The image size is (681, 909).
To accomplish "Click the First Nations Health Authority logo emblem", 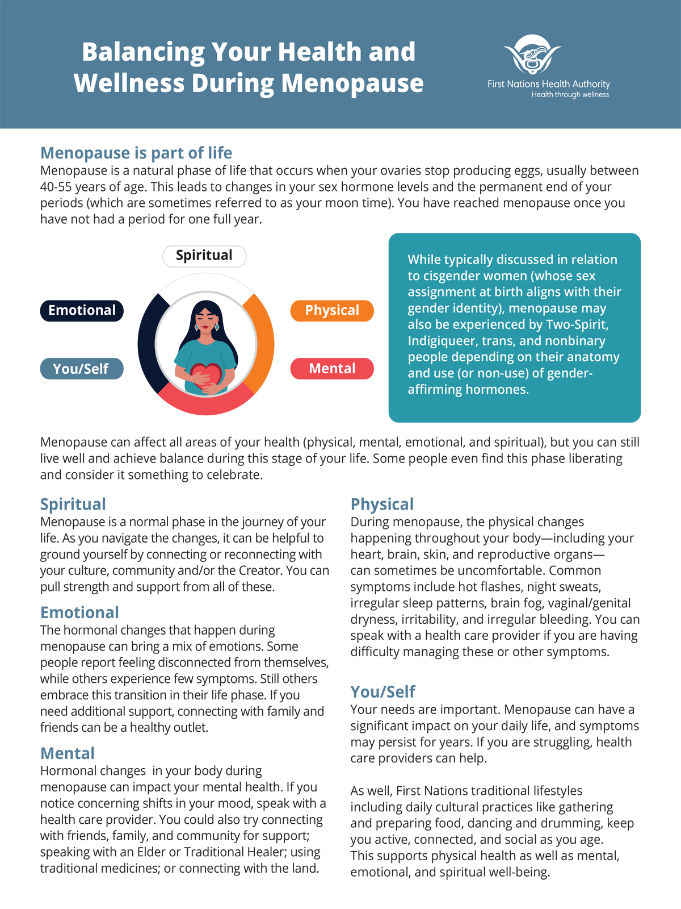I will (532, 55).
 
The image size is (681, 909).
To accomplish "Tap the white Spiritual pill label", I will (204, 256).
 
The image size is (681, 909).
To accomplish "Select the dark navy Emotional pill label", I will (82, 310).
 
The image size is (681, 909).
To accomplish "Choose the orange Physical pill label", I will (332, 310).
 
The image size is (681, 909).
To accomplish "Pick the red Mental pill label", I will (332, 369).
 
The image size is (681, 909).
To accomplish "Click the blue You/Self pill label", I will (82, 369).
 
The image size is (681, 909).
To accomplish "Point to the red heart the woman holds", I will (205, 375).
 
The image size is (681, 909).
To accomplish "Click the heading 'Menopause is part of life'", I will (136, 153).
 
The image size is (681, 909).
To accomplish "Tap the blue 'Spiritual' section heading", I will (73, 504).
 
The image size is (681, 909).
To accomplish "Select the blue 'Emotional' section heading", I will (79, 612).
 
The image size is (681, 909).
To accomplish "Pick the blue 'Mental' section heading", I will (68, 753).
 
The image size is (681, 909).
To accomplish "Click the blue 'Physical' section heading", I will (382, 504).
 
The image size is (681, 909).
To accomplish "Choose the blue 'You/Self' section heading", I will (382, 691).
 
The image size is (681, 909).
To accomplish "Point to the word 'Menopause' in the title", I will (352, 83).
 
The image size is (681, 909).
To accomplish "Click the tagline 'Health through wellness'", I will (570, 95).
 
